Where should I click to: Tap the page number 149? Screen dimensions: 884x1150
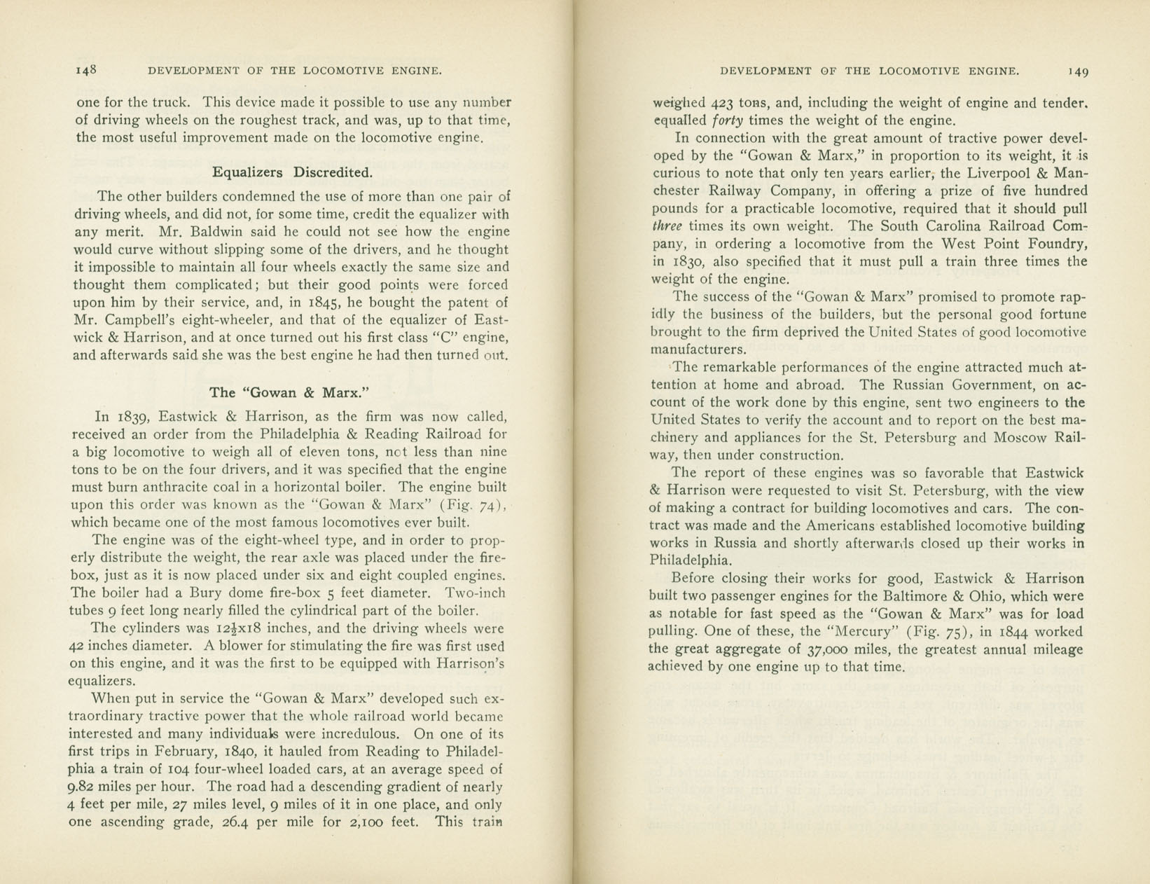point(1077,71)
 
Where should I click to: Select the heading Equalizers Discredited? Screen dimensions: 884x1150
point(292,172)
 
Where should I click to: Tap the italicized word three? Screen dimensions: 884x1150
point(666,226)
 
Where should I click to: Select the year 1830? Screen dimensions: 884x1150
point(693,261)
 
